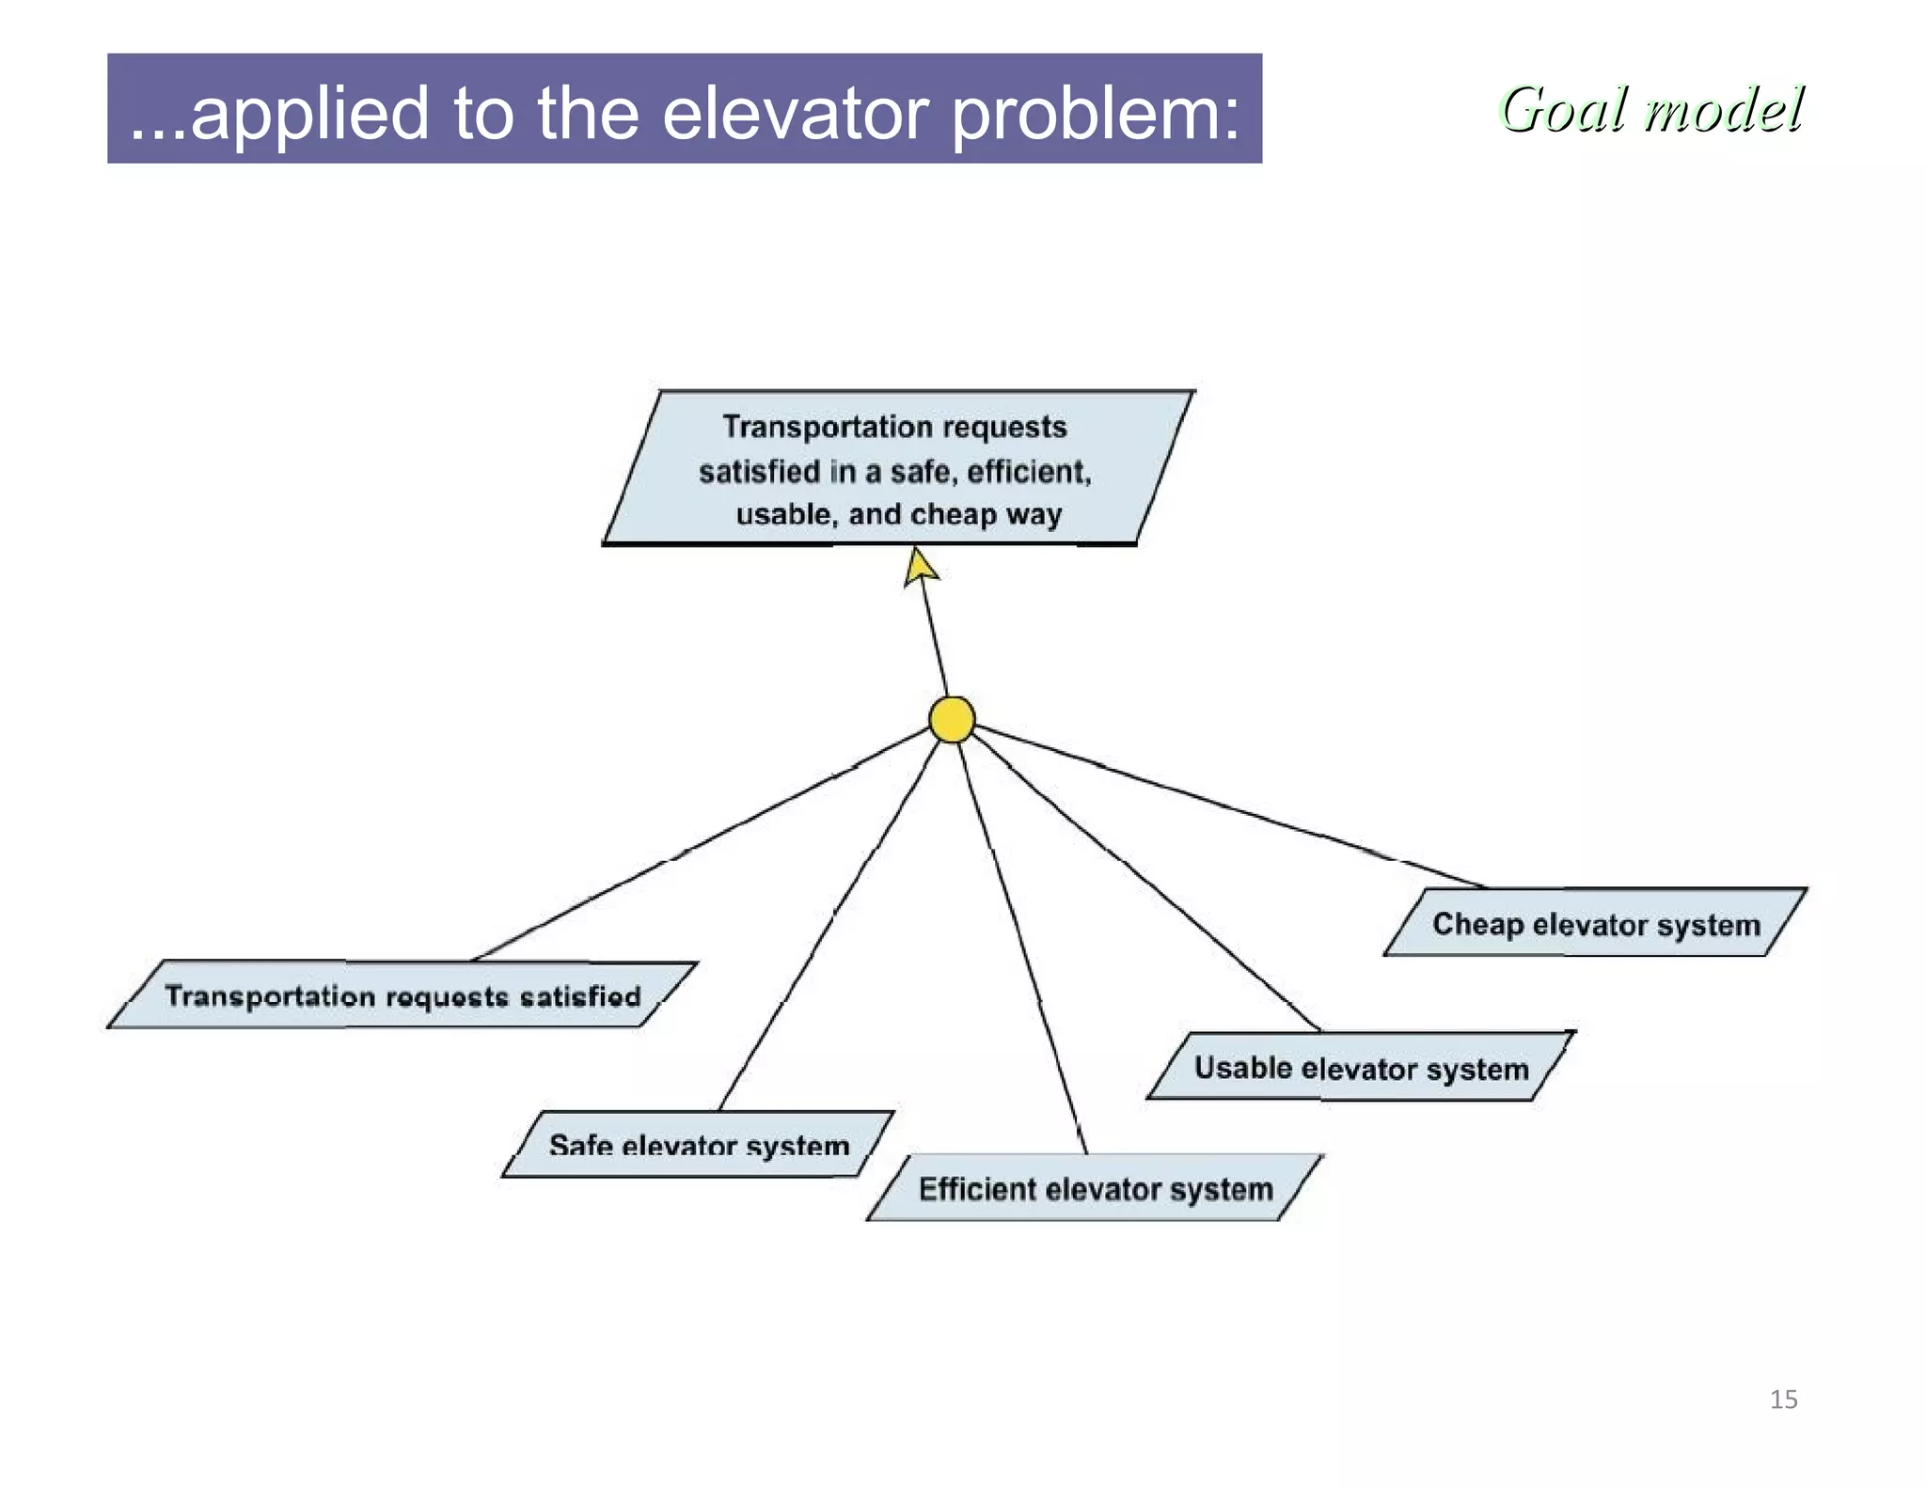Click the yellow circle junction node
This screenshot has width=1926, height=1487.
(x=951, y=720)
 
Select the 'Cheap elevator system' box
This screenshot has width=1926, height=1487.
(x=1595, y=923)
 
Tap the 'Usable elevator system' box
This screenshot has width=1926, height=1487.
(x=1360, y=1067)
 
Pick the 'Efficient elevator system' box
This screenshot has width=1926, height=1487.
(x=1095, y=1188)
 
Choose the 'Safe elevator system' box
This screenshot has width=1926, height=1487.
(x=698, y=1144)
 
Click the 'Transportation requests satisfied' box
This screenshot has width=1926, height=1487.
(x=402, y=994)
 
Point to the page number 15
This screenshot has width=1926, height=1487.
(x=1783, y=1400)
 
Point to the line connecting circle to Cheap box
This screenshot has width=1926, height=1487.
(x=1223, y=805)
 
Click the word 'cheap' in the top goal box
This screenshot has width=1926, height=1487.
(x=953, y=514)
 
